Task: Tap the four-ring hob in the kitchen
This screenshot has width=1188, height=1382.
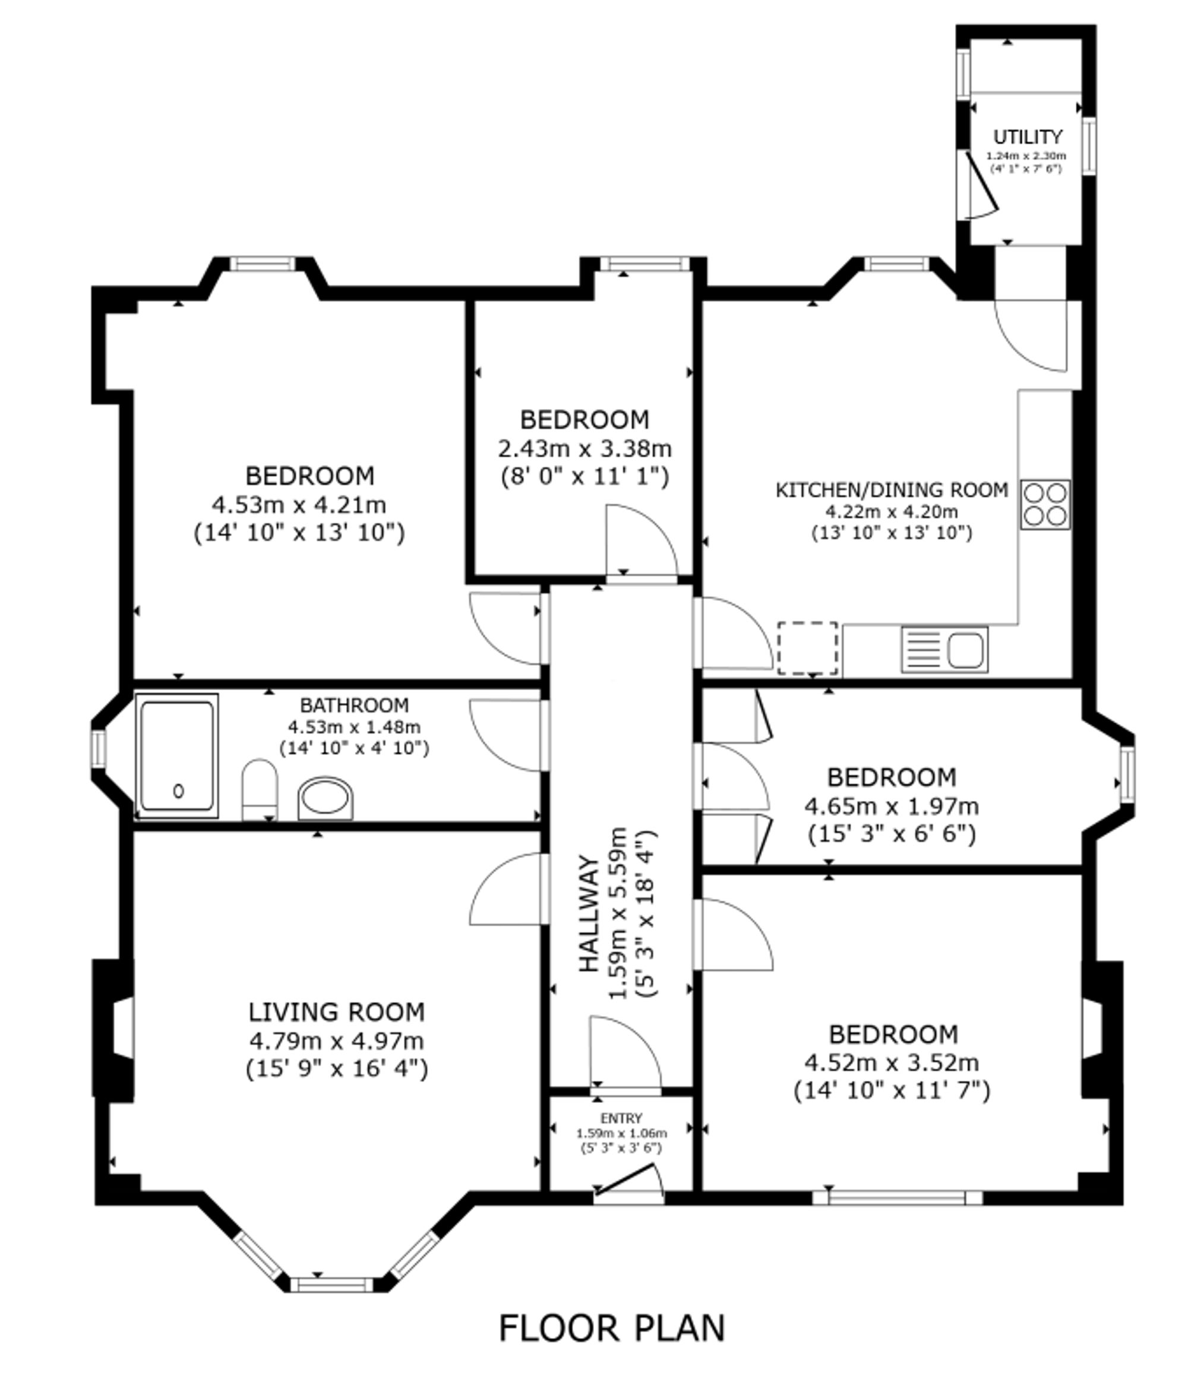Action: [x=1045, y=505]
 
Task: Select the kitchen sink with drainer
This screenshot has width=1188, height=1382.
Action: [x=944, y=649]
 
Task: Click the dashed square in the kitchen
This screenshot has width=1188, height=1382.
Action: [x=807, y=649]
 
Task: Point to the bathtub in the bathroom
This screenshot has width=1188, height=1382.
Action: [x=177, y=755]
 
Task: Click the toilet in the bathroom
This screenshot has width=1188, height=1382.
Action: [x=259, y=789]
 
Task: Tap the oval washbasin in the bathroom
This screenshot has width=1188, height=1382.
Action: [x=325, y=798]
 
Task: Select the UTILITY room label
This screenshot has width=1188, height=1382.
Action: [x=1027, y=137]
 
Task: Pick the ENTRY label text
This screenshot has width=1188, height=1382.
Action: [x=621, y=1118]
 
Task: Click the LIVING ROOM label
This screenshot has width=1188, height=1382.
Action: [x=336, y=1012]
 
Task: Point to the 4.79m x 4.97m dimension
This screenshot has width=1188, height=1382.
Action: [x=336, y=1041]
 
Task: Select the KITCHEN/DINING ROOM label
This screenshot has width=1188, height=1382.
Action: [x=891, y=490]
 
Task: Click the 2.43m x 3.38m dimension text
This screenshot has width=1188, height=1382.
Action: [x=584, y=448]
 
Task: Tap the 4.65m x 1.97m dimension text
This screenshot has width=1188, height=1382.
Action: [x=891, y=807]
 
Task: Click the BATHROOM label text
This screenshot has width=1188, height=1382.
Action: [x=354, y=705]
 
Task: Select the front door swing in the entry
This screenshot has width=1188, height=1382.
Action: [x=629, y=1182]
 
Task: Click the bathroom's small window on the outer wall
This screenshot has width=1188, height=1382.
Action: [x=99, y=748]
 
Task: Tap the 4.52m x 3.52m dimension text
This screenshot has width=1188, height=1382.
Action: [x=891, y=1062]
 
